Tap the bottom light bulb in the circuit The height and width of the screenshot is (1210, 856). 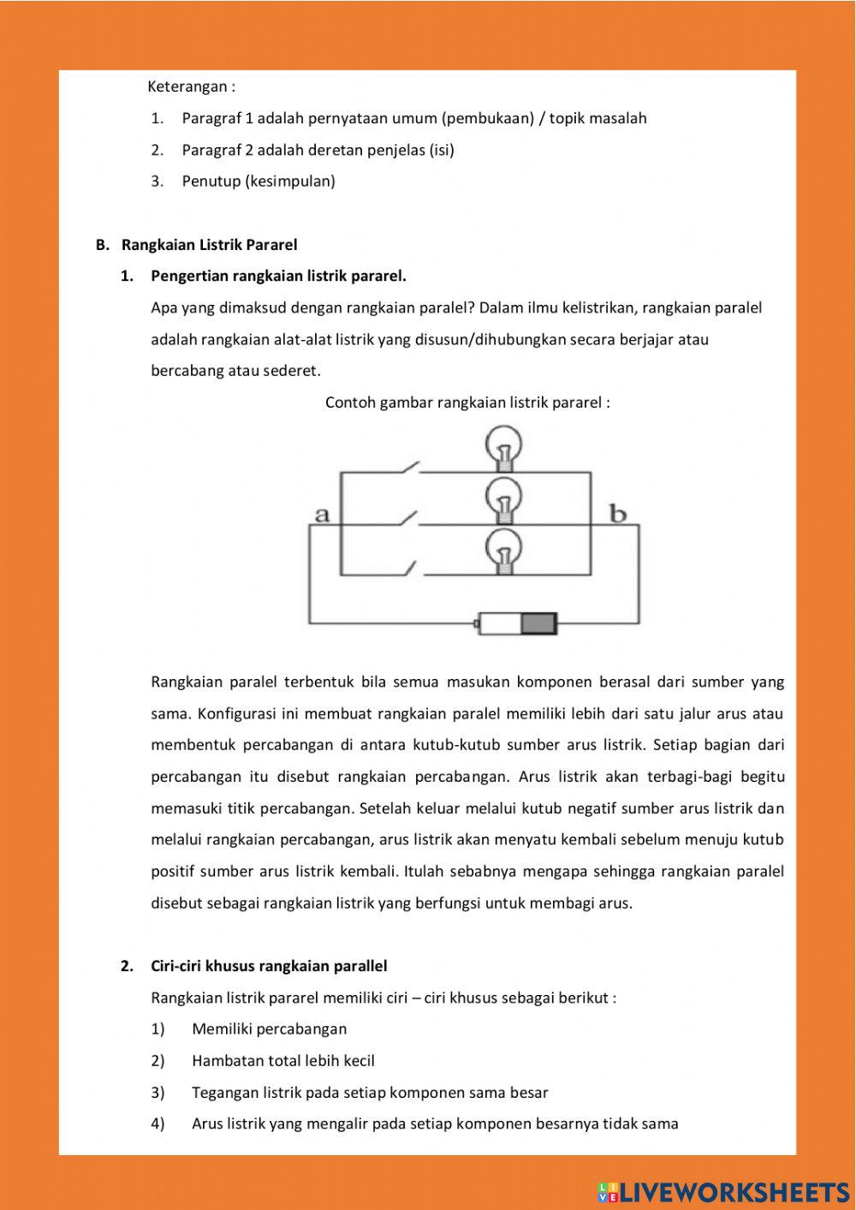504,551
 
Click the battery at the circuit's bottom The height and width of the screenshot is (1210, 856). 517,623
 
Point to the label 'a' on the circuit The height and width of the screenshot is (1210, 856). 322,515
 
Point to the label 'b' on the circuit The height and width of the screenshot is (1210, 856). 617,514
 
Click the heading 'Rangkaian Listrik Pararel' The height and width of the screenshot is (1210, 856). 209,245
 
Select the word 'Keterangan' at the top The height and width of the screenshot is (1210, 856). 187,86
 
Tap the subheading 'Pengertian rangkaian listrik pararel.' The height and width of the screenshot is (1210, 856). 278,276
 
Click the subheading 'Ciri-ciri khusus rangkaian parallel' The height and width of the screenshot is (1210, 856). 269,966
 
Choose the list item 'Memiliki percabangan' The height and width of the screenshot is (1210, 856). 269,1028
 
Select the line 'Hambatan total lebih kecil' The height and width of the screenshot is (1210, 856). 283,1060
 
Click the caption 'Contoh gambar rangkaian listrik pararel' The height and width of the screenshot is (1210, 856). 467,402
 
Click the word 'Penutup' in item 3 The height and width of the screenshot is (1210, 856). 211,181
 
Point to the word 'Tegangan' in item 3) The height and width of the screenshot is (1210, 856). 223,1092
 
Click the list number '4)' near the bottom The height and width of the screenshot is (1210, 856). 158,1124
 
